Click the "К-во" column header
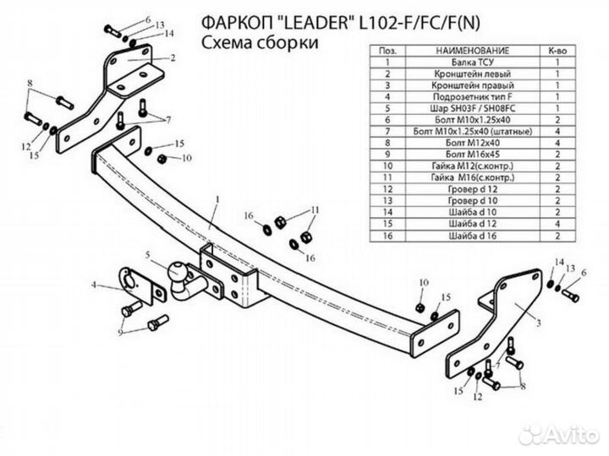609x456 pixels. pyautogui.click(x=557, y=52)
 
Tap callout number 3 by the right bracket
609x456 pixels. pyautogui.click(x=538, y=324)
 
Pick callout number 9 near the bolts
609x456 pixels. pyautogui.click(x=119, y=333)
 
